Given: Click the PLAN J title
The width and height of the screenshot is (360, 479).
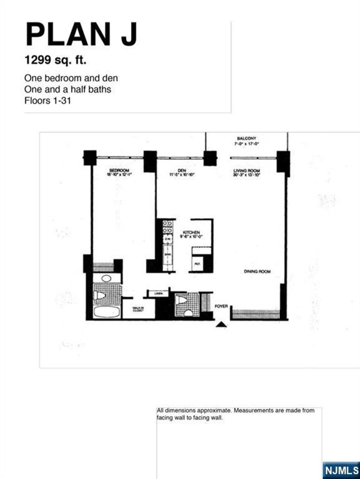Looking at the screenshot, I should (x=81, y=34).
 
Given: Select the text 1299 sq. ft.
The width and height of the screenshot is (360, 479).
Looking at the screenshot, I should (x=55, y=60).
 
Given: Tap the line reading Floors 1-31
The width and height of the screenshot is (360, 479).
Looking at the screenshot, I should (x=47, y=101).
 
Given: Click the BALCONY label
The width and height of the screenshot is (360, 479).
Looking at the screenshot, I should (x=246, y=138).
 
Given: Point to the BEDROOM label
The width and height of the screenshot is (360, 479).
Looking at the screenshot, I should (x=119, y=171).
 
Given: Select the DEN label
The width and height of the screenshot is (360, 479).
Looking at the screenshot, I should (x=182, y=171).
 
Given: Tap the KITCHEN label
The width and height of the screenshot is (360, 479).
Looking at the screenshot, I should (x=192, y=233).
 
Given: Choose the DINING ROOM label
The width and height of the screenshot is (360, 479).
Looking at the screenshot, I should (x=257, y=272).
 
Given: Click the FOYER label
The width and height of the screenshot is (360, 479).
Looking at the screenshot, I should (x=221, y=306).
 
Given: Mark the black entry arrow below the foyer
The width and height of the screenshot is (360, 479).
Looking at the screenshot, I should (x=221, y=325).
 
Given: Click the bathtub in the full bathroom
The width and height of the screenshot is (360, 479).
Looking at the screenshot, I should (x=107, y=312).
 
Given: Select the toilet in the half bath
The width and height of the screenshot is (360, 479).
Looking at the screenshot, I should (x=182, y=300).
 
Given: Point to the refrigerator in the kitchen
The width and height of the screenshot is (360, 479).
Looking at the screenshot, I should (x=197, y=264).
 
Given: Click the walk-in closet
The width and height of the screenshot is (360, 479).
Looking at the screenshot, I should (x=138, y=309).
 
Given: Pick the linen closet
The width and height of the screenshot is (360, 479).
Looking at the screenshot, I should (x=158, y=293).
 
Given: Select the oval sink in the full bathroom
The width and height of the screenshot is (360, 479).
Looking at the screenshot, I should (x=106, y=279).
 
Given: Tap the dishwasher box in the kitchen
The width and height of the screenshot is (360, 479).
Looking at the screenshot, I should (x=167, y=239).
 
